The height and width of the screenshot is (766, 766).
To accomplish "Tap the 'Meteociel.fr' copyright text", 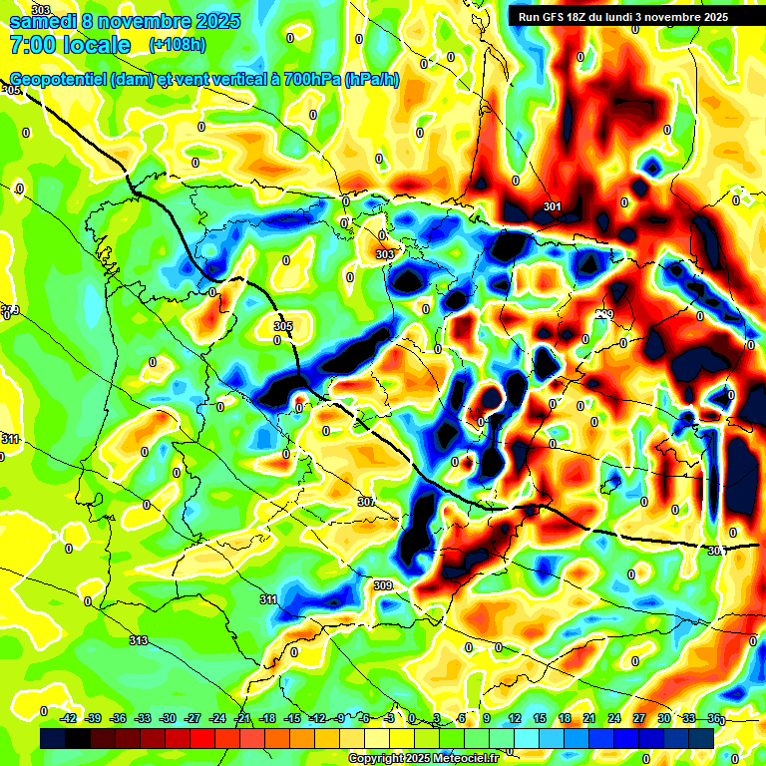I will pyautogui.click(x=459, y=759).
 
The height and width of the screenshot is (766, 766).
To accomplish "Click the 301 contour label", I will pyautogui.click(x=553, y=207).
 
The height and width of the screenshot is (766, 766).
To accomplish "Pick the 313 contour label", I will pyautogui.click(x=139, y=640).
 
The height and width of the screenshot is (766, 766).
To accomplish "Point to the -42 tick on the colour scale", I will pyautogui.click(x=69, y=718).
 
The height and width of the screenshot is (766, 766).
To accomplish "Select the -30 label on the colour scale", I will pyautogui.click(x=168, y=718).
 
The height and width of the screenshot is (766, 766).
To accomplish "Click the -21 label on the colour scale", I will pyautogui.click(x=242, y=718).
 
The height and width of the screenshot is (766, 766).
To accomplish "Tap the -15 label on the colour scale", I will pyautogui.click(x=292, y=718).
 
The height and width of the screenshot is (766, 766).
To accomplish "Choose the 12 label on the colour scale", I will pyautogui.click(x=514, y=718).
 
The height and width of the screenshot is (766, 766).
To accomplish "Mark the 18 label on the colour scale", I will pyautogui.click(x=564, y=718).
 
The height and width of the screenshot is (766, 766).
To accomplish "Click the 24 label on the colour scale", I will pyautogui.click(x=613, y=718).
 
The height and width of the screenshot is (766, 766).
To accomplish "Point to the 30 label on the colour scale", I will pyautogui.click(x=663, y=718).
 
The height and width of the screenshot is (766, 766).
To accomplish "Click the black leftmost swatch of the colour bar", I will pyautogui.click(x=53, y=738).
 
